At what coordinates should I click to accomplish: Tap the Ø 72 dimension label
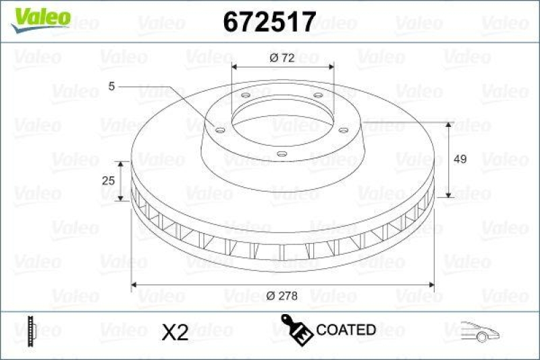[x=281, y=58]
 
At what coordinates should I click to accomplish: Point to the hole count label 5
[x=112, y=86]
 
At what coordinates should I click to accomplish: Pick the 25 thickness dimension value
[x=107, y=181]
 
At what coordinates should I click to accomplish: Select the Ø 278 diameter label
[x=282, y=294]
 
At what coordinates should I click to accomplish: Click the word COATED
[x=346, y=330]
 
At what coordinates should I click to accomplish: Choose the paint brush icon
[x=297, y=329]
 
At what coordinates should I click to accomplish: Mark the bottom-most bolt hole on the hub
[x=281, y=154]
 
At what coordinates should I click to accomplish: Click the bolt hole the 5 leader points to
[x=220, y=129]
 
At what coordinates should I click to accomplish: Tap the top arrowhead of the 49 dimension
[x=450, y=126]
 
